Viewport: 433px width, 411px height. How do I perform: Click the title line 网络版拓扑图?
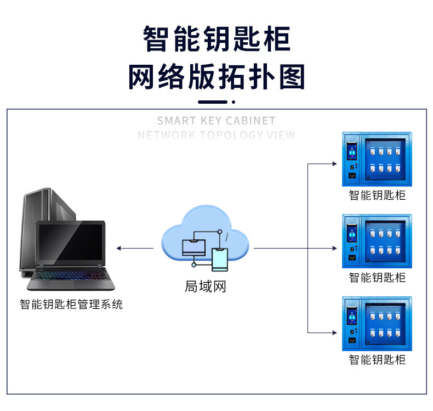(216, 77)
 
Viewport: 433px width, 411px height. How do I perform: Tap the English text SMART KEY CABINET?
(216, 121)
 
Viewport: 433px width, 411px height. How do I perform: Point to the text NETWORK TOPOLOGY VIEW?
(216, 135)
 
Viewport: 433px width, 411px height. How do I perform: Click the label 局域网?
(206, 286)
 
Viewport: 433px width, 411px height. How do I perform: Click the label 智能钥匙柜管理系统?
(71, 304)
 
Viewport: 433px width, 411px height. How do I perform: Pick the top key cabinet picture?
(377, 159)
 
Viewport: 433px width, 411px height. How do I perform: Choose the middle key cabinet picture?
(377, 241)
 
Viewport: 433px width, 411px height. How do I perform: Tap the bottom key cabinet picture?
(377, 323)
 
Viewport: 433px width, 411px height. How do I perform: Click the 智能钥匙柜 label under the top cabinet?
(377, 195)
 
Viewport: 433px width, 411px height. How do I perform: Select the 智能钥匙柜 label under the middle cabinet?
(377, 277)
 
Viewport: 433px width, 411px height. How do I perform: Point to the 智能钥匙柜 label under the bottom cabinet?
(377, 360)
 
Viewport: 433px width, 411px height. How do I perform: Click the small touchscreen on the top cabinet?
(351, 150)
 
